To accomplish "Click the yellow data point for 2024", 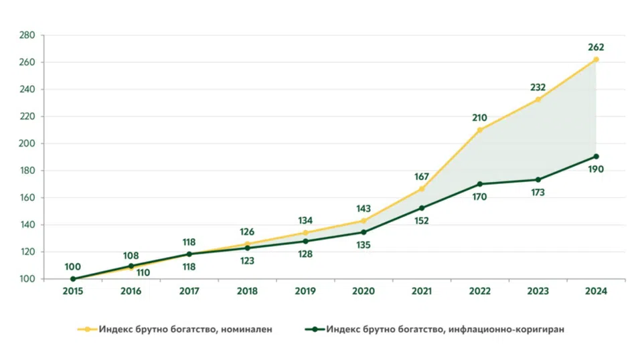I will [x=596, y=60].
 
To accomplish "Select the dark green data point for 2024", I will [x=596, y=157].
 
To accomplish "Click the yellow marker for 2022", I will [x=480, y=130].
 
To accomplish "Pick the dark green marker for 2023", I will [x=538, y=179].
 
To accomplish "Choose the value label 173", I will [x=538, y=192].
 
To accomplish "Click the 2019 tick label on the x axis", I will [x=305, y=291].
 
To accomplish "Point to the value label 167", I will [x=422, y=177].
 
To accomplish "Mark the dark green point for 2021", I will [x=422, y=208].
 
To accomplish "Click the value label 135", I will [x=364, y=245].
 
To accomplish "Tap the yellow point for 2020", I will [x=364, y=221].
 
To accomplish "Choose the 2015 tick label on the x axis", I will [x=72, y=291].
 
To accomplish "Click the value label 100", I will [x=72, y=267].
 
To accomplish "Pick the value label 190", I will [x=596, y=169].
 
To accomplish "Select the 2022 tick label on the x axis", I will [x=480, y=291].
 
